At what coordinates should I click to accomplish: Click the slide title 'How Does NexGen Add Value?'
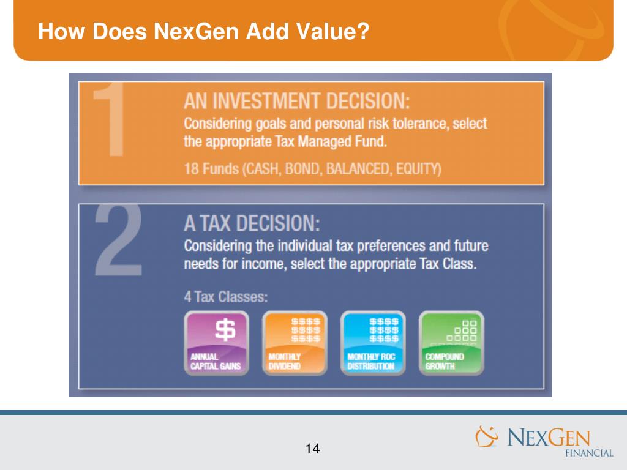[203, 31]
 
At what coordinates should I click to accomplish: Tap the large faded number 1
[111, 122]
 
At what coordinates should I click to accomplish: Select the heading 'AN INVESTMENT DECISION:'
[297, 100]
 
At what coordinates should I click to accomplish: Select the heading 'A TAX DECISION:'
[252, 223]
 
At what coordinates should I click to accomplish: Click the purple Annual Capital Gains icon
[216, 343]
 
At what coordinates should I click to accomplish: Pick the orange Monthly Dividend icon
[295, 343]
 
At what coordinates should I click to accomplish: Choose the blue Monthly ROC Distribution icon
[373, 343]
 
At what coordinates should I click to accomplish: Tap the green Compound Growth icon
[451, 343]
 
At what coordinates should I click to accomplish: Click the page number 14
[312, 449]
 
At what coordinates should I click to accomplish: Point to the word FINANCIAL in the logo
[588, 453]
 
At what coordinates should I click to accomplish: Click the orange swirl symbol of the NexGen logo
[488, 437]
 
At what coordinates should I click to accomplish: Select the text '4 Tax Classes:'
[225, 297]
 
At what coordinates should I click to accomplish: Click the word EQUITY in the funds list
[418, 169]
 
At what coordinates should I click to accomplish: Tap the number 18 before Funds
[192, 169]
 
